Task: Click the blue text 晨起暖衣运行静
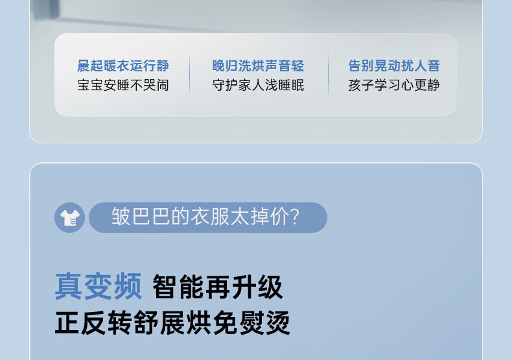123,66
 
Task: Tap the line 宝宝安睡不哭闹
123,85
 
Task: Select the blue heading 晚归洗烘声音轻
258,66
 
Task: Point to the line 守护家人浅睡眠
258,85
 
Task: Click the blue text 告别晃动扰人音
394,66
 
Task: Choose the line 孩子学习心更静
394,85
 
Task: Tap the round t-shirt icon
69,217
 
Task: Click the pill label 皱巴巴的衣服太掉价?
208,217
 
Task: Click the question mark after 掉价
294,216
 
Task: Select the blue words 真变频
99,286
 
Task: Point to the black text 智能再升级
218,287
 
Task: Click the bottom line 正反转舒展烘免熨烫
172,323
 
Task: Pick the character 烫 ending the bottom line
278,323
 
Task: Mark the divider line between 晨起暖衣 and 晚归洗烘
189,75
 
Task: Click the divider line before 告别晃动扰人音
328,75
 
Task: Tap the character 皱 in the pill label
121,216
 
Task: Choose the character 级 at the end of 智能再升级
270,287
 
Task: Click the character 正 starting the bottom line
67,323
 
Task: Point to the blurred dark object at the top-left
46,9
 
